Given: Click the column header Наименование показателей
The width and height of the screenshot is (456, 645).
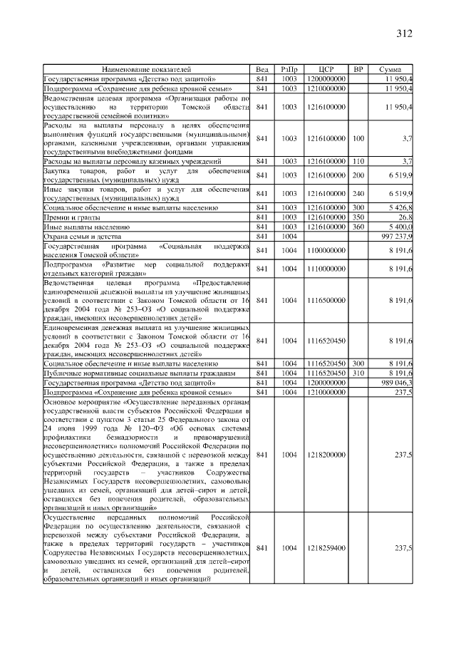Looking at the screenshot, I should [x=147, y=69].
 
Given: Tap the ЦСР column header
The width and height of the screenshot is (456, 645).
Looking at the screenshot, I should [x=327, y=69].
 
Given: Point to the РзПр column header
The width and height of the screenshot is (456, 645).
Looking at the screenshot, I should [x=289, y=69].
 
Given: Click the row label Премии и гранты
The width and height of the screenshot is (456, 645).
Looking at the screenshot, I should [x=70, y=217].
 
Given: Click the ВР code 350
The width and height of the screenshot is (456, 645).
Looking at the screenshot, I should [x=358, y=217].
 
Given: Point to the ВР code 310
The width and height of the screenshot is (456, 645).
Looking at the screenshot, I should [x=358, y=373].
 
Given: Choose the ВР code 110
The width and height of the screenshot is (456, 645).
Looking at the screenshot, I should [x=358, y=162].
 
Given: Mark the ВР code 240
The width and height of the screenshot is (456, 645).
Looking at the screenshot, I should [x=358, y=193].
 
